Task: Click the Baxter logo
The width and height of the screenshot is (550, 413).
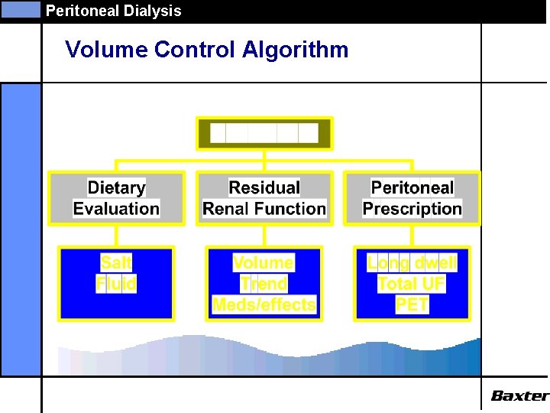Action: pos(519,395)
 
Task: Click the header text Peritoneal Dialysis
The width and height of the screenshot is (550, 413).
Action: pos(113,11)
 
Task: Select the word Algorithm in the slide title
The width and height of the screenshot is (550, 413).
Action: pos(295,50)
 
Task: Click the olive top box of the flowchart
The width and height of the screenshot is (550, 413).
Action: pos(264,134)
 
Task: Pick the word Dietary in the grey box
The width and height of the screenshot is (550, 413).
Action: pos(116,187)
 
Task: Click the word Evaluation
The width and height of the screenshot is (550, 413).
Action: pos(116,209)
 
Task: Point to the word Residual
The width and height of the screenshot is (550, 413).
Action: pos(264,187)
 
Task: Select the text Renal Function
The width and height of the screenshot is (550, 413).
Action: pos(264,209)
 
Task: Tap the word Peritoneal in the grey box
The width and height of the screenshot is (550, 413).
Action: pos(412,187)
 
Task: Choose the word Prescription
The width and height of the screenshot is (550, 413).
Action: pos(412,209)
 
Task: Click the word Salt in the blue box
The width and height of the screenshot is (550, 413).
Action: pos(116,263)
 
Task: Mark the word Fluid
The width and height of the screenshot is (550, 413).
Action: pos(116,285)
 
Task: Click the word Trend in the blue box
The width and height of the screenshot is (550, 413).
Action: pos(264,285)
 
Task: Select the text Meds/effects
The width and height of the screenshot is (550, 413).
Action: pos(264,305)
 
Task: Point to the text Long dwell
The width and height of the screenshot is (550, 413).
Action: pos(412,263)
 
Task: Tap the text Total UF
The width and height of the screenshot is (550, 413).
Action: pos(412,285)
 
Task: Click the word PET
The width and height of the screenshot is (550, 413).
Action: pos(412,305)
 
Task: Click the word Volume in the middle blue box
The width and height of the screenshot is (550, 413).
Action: pos(264,263)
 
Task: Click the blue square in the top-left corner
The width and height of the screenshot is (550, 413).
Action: pos(20,10)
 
